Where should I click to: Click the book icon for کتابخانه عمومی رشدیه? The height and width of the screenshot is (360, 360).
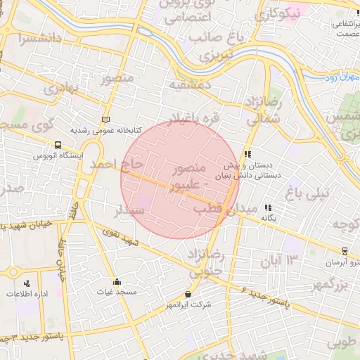(106, 120)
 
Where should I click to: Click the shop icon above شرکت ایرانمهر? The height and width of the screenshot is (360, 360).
(188, 294)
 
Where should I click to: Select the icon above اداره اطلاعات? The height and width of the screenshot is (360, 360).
(27, 283)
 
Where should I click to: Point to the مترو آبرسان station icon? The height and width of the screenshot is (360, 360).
(345, 251)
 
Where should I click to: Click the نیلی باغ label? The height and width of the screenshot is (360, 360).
(304, 190)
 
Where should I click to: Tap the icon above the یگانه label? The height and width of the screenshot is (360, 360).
(267, 208)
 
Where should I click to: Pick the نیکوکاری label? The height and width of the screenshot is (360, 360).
(280, 12)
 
